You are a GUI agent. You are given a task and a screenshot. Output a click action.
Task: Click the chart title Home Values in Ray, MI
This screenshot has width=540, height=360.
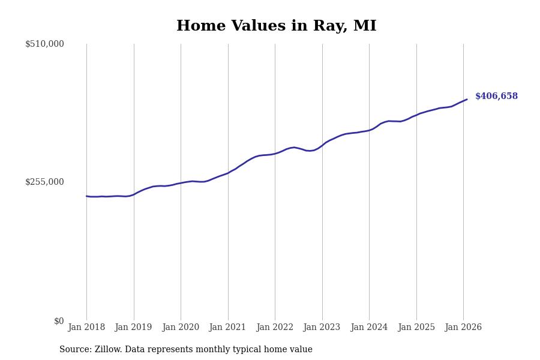tap(276, 26)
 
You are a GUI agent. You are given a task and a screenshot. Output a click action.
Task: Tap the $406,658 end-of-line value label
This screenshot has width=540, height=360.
tap(496, 97)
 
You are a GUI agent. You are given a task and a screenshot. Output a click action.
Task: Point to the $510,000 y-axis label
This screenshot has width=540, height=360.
tap(44, 44)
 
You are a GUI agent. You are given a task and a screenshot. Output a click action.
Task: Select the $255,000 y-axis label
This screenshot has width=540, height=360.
tap(44, 182)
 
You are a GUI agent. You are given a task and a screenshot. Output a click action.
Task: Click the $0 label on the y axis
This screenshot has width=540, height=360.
tap(59, 321)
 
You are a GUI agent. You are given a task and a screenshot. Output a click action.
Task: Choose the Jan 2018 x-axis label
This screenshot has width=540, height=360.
tap(86, 328)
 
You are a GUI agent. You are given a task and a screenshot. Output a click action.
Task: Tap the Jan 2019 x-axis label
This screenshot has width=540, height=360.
tap(134, 328)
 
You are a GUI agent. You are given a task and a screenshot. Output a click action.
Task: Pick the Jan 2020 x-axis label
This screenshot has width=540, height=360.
tap(181, 328)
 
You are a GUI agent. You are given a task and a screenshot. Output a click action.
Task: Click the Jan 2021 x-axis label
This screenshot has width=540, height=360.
tap(228, 328)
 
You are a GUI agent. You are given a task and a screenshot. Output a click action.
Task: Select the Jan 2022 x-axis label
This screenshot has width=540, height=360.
tap(275, 328)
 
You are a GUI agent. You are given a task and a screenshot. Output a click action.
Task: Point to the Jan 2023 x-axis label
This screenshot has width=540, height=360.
tap(322, 328)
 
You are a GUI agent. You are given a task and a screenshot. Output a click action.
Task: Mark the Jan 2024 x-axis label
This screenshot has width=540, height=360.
tap(369, 328)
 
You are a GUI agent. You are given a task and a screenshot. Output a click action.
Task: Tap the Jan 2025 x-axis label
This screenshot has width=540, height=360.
tap(416, 328)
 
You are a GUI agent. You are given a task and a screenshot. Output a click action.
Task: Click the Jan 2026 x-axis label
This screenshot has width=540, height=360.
tap(463, 328)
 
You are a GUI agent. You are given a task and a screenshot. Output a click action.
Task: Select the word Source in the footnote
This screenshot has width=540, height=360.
tap(74, 350)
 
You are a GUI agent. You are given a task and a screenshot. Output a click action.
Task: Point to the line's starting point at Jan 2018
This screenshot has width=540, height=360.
tap(86, 196)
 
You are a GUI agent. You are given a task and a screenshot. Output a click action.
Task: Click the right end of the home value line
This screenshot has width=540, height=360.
tap(467, 100)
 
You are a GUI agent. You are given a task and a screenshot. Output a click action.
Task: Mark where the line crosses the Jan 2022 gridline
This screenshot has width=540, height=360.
tap(275, 154)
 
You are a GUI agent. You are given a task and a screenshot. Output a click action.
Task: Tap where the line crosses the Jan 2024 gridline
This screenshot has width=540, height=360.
tap(369, 130)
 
